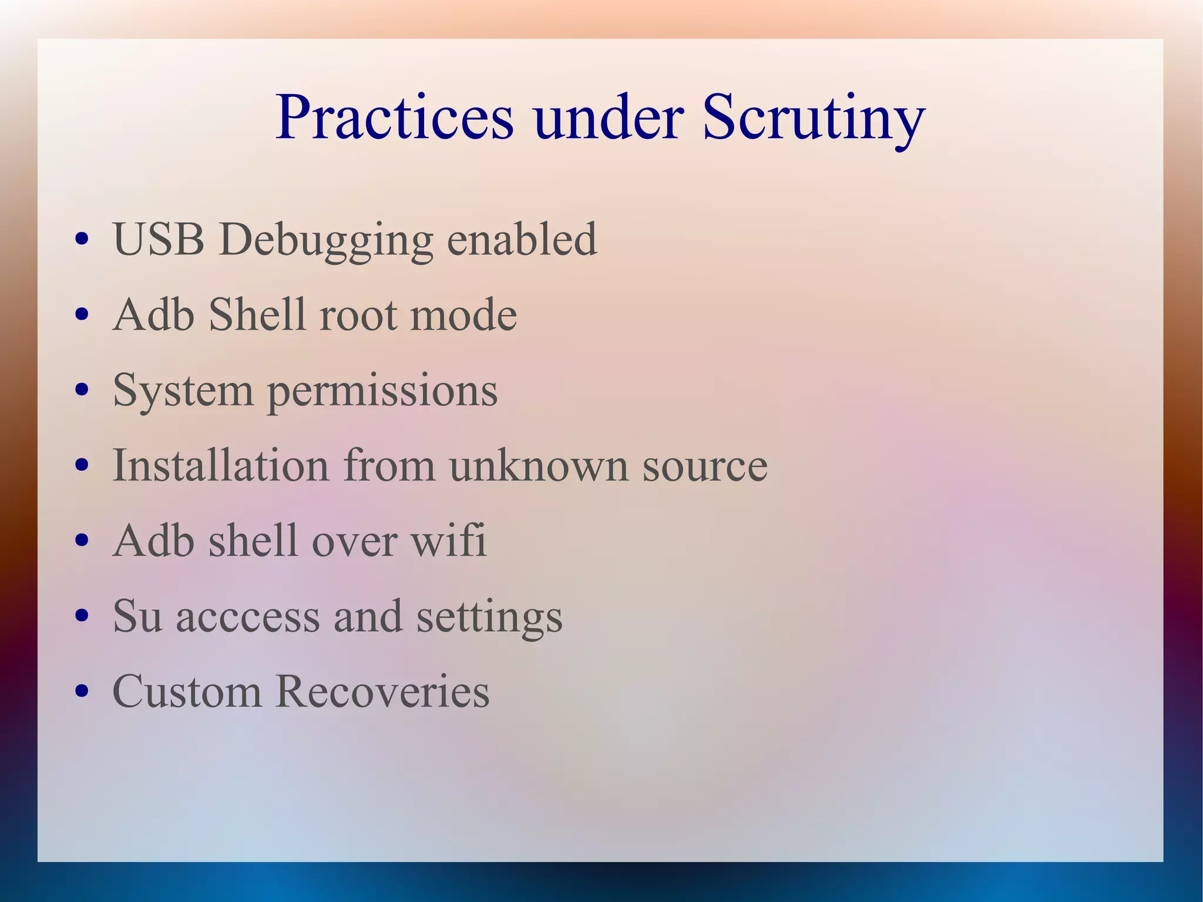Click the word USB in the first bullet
click(x=159, y=240)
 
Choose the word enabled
click(x=522, y=240)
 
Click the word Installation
click(x=220, y=465)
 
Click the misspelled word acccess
click(x=247, y=617)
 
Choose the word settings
click(x=489, y=617)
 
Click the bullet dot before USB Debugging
click(x=82, y=240)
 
